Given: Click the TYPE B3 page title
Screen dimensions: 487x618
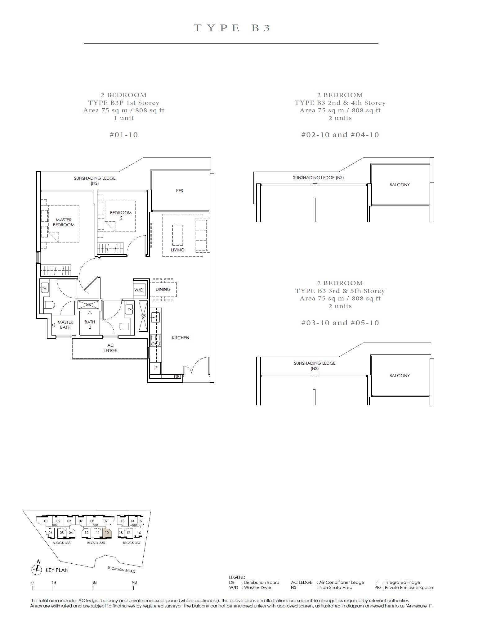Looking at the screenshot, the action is click(232, 28).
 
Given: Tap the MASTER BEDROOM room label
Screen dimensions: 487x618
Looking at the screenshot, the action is click(64, 222).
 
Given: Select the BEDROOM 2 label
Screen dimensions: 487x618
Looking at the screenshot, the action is click(121, 215).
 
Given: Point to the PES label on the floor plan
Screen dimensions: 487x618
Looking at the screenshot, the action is click(180, 191).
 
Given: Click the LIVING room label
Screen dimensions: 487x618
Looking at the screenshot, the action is click(177, 250).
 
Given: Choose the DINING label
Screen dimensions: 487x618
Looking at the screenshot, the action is click(163, 289).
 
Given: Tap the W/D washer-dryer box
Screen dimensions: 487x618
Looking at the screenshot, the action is click(139, 290).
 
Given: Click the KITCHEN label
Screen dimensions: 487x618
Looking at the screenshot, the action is click(181, 338).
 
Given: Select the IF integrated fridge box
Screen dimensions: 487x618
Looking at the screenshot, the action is click(156, 368).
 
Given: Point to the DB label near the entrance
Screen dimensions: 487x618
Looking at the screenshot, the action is click(176, 377).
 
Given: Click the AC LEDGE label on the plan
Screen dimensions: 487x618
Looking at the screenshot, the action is click(110, 348).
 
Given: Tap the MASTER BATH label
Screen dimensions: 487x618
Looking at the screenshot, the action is click(65, 325).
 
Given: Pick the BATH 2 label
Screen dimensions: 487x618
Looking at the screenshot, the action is click(90, 324).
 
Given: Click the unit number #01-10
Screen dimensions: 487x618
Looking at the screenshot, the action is click(124, 135).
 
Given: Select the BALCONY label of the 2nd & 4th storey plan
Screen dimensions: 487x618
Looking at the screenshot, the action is click(400, 185).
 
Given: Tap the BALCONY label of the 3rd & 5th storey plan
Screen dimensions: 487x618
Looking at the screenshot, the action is click(400, 376).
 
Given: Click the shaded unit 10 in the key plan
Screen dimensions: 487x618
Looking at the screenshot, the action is click(107, 533).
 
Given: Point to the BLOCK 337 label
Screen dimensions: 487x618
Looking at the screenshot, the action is click(132, 543).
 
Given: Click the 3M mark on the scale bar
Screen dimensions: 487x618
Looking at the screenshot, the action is click(94, 583).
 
